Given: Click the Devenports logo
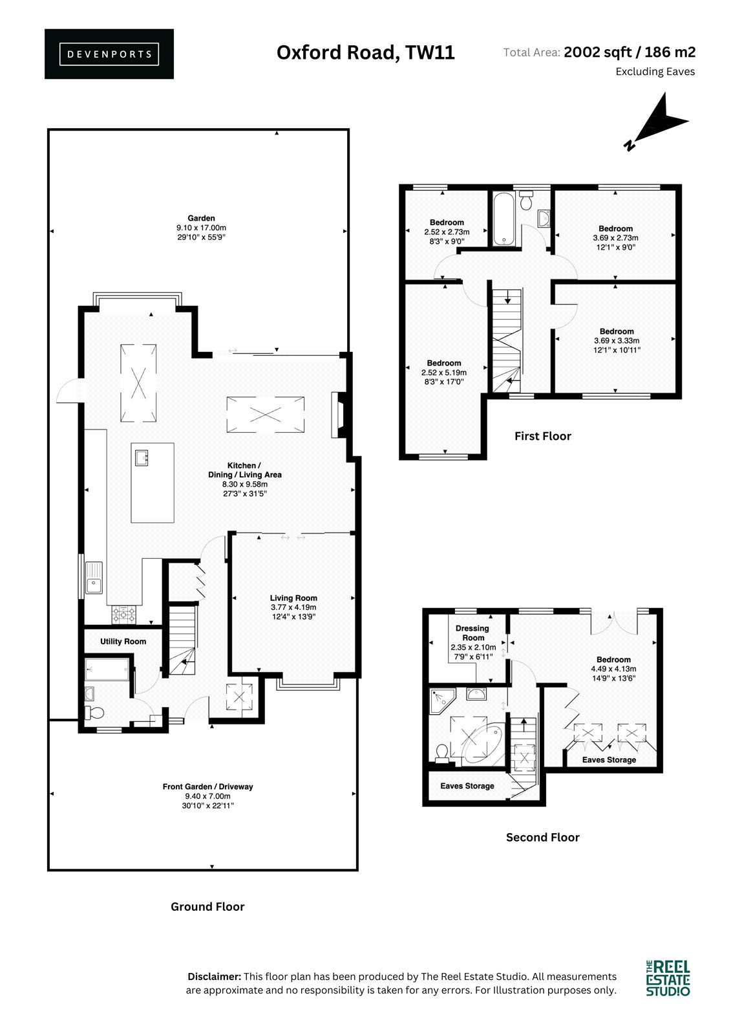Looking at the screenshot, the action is click(109, 54).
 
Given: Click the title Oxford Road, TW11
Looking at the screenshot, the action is click(366, 52).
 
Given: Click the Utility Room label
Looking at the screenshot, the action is click(123, 641).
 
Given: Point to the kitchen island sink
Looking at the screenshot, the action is click(142, 459).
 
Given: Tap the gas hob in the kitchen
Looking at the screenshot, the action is click(124, 615).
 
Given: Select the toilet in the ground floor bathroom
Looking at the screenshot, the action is click(94, 713).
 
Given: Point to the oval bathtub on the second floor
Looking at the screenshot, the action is click(482, 743).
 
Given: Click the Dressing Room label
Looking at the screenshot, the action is click(472, 633).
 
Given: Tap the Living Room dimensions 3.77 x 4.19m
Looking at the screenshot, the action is click(293, 607).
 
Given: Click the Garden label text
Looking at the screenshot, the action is click(201, 218).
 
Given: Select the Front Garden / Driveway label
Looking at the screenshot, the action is click(208, 787).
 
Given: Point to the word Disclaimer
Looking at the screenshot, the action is click(215, 977).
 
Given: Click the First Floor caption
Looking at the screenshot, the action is click(542, 436).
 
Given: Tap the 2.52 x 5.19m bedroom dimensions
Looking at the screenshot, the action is click(444, 373).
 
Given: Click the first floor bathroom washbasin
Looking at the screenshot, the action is click(544, 218).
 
